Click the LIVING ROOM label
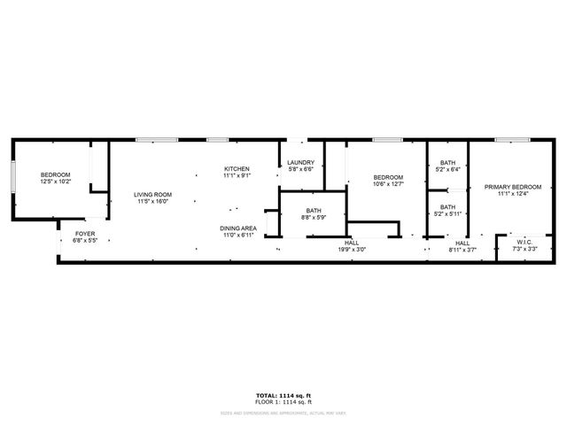tap(152, 195)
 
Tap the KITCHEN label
tap(237, 168)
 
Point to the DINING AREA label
tap(238, 228)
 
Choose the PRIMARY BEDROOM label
tap(512, 187)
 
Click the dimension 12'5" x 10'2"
tap(56, 182)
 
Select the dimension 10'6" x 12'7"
tap(388, 183)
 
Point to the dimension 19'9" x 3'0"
tap(352, 249)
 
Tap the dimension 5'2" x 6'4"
tap(448, 169)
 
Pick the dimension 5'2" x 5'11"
tap(448, 213)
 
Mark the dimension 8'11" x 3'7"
tap(462, 250)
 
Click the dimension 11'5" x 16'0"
tap(152, 202)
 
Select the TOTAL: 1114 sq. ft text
tap(283, 395)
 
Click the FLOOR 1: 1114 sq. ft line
tap(283, 402)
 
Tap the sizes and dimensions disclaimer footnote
tap(283, 411)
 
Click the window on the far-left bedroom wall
tap(12, 177)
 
